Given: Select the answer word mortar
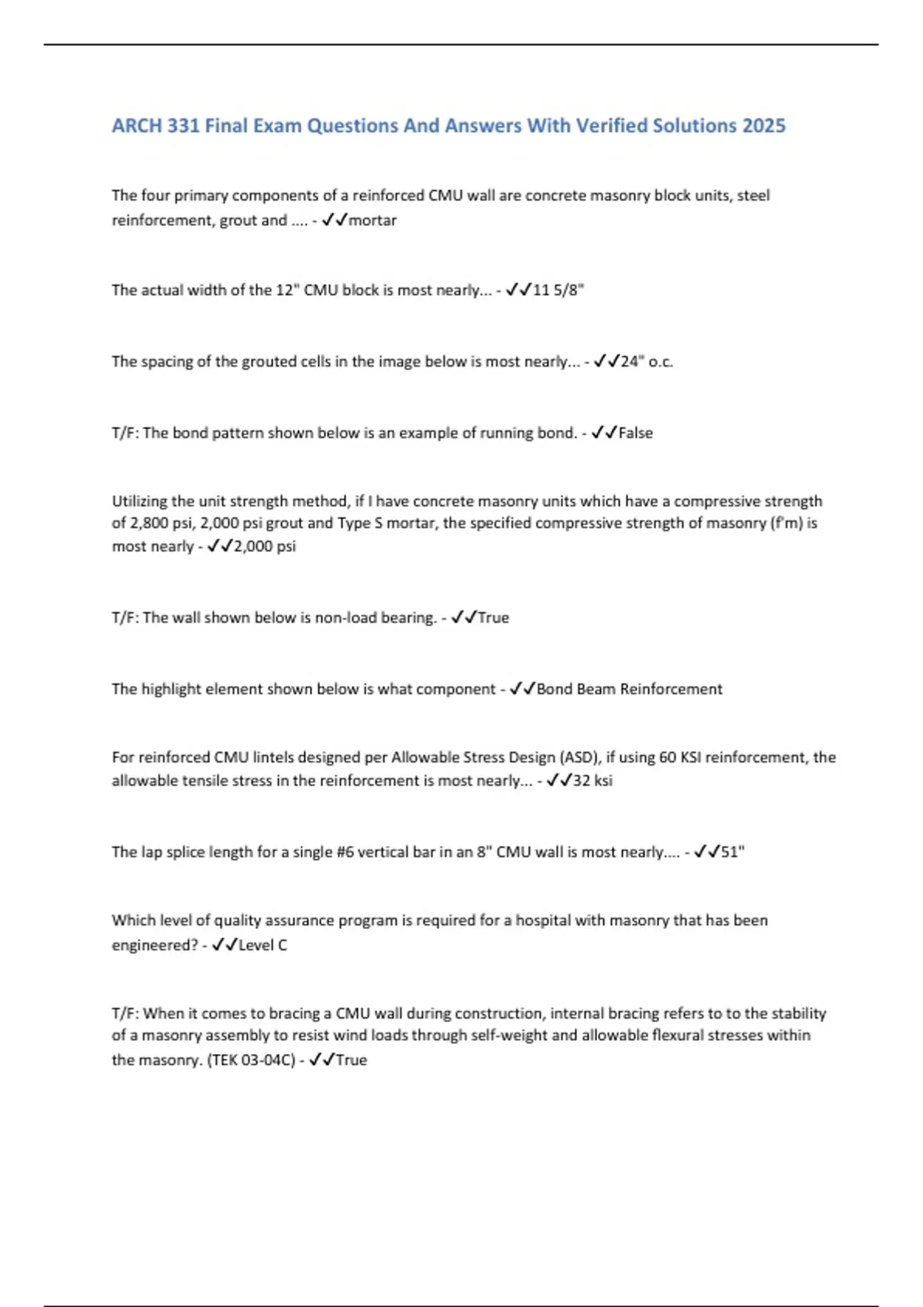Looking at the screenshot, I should coord(373,221).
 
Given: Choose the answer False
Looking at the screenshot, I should coord(635,433).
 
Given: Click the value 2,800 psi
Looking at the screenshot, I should coord(154,524).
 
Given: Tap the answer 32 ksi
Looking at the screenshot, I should coord(593,780).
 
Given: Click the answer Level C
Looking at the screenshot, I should coord(263,945).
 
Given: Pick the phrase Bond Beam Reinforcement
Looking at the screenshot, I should coord(629,689).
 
